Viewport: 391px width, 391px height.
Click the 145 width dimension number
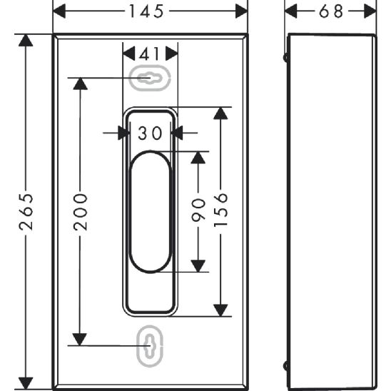click(x=146, y=11)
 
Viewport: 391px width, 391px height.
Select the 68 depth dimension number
click(x=331, y=11)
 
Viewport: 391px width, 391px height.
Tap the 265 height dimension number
click(x=26, y=212)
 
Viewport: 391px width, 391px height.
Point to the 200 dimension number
click(x=81, y=212)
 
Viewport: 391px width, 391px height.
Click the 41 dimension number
click(x=150, y=54)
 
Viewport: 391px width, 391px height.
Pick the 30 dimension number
click(x=150, y=133)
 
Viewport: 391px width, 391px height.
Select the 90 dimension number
click(x=198, y=210)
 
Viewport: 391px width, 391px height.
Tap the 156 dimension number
click(x=220, y=210)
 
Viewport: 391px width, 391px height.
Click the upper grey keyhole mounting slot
click(x=150, y=78)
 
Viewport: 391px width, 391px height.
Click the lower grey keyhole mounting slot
click(x=150, y=346)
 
